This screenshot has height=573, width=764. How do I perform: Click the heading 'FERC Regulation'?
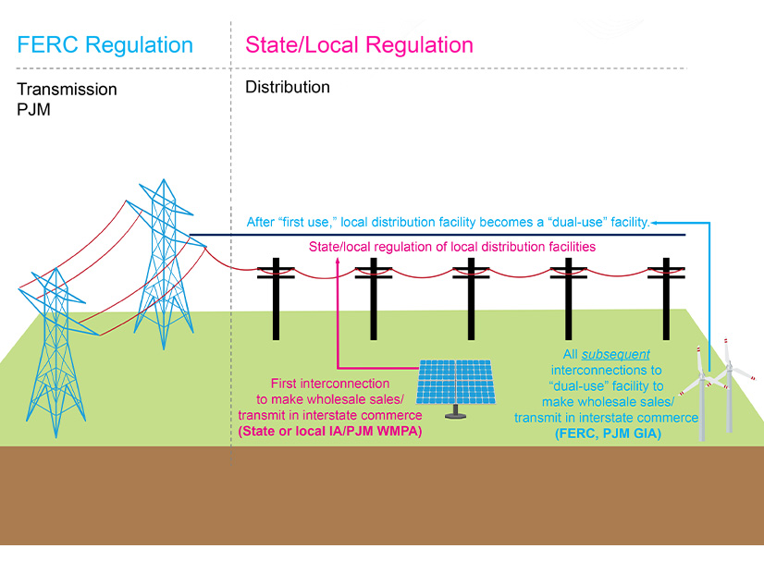(x=105, y=45)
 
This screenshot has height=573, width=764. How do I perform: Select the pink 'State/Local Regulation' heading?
(x=359, y=45)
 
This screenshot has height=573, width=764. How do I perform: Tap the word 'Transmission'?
(x=68, y=90)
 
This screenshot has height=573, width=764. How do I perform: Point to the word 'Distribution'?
(x=288, y=88)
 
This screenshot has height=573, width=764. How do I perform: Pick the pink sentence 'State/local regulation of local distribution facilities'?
(x=451, y=248)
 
